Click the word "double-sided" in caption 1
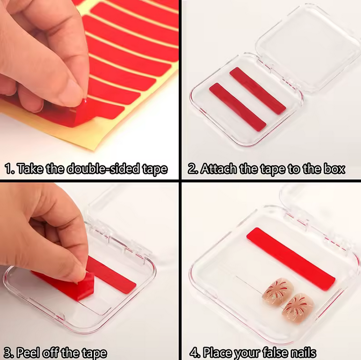104,169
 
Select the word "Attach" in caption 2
218,169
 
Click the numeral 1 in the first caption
9,169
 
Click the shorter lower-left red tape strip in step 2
237,107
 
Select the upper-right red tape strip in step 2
258,91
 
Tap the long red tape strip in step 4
290,258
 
